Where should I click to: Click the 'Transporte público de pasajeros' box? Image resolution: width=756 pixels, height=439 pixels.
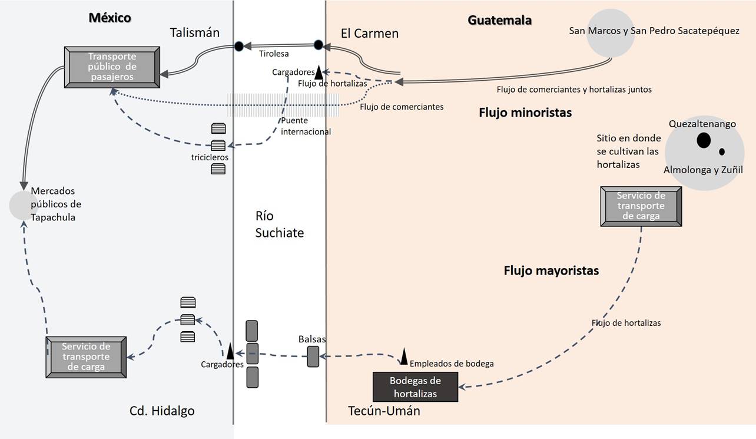pos(112,67)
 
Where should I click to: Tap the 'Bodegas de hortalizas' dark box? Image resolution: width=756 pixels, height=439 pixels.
pos(415,387)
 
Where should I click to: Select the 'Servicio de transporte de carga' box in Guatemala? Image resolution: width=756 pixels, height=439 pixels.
pos(641,206)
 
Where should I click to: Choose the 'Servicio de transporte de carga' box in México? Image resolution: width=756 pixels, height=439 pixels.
pos(86,357)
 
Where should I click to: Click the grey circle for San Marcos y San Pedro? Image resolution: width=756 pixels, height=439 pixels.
pos(610,33)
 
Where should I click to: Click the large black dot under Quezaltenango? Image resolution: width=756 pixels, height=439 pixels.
pos(703,140)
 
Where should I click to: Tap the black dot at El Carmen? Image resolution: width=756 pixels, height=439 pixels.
pos(319,45)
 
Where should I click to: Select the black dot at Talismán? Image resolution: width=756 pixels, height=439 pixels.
pos(238,46)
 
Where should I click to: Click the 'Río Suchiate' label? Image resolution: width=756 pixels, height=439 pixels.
pos(279,225)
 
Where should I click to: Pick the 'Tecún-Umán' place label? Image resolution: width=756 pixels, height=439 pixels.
pos(384,411)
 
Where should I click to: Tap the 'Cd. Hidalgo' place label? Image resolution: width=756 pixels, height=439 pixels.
pos(162,411)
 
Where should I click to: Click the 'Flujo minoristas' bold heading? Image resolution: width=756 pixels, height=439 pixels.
pos(525,113)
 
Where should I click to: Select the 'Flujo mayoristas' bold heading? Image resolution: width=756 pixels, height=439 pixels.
pos(551,271)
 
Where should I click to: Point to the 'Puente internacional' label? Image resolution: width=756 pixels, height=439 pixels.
pos(306,126)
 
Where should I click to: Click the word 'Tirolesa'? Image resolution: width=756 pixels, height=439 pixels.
pos(274,54)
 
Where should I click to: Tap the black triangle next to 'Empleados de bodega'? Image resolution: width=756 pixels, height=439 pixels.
pos(404,356)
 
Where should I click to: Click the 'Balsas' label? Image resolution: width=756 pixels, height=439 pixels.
pos(311,339)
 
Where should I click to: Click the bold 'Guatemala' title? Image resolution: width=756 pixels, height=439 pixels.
pos(499,20)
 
